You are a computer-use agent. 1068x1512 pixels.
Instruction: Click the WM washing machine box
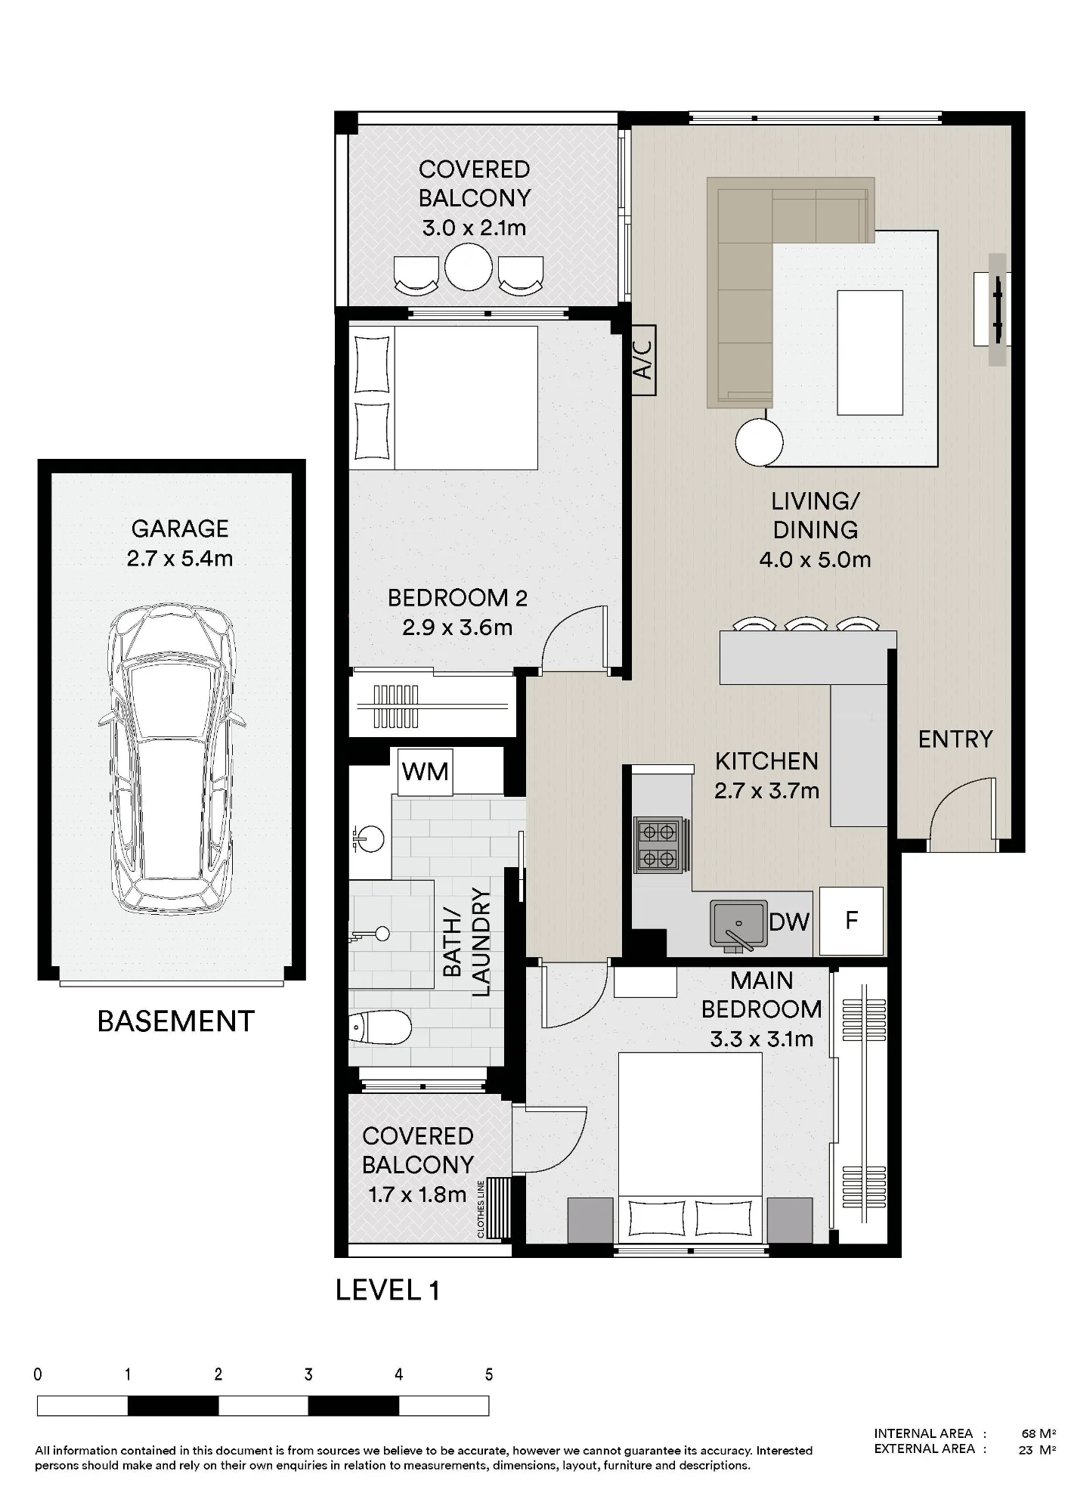click(x=425, y=771)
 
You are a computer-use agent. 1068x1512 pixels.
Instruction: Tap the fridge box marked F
click(x=851, y=920)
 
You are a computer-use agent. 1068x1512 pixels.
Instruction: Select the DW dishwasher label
click(x=789, y=922)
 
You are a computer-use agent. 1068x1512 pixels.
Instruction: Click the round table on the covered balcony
click(x=469, y=267)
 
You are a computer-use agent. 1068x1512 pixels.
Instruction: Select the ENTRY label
click(x=955, y=739)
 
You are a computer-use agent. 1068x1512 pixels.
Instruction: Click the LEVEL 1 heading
click(x=388, y=1290)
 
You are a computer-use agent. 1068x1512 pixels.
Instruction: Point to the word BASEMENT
click(x=176, y=1021)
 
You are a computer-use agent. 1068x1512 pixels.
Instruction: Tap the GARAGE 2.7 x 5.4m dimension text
click(x=180, y=559)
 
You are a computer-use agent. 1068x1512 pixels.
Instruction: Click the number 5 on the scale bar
click(x=489, y=1374)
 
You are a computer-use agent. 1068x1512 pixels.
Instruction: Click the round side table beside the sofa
click(x=759, y=442)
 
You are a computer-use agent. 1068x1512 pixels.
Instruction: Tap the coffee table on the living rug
click(x=870, y=353)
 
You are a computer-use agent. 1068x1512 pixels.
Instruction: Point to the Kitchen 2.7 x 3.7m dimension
click(x=766, y=791)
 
